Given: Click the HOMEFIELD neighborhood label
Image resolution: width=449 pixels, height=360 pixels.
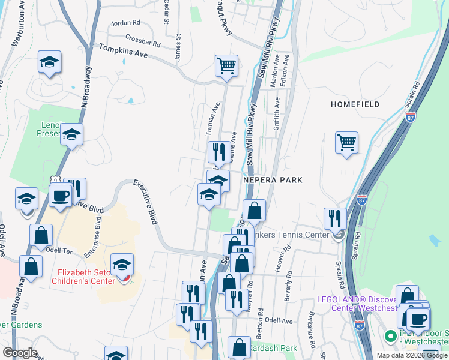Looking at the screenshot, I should point(355,104).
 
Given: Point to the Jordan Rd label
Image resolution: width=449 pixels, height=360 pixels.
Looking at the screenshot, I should point(125,23).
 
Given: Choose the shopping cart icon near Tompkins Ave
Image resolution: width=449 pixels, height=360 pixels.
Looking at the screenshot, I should point(226,66).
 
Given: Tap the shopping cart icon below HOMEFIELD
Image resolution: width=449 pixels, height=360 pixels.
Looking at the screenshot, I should point(346,143).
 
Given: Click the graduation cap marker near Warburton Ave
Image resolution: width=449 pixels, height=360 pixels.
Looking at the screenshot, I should point(49,62).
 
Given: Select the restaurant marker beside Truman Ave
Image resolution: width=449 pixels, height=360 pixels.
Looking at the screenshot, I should point(217,152).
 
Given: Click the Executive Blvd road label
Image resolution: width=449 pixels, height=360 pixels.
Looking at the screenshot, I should point(145,202).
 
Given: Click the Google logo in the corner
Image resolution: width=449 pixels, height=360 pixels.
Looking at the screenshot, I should point(20,353).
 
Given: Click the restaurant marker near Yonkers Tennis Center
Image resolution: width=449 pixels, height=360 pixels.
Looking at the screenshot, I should point(334,219).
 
